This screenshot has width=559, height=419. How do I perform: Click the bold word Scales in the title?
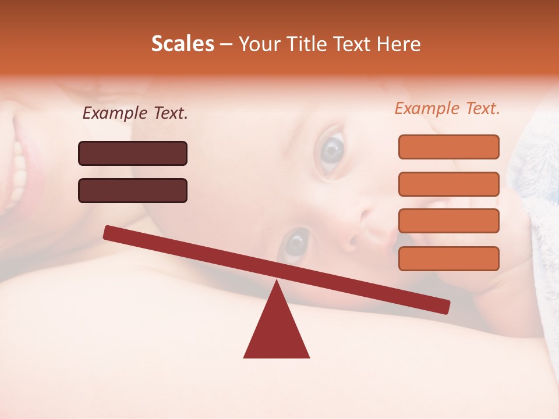click(x=182, y=44)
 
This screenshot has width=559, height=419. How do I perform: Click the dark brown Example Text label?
click(x=135, y=113)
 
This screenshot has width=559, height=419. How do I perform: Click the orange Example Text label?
click(x=447, y=108)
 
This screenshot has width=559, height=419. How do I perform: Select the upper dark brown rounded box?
click(x=133, y=153)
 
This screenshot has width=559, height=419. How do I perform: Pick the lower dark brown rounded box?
click(x=133, y=190)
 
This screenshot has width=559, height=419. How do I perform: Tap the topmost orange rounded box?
click(x=448, y=147)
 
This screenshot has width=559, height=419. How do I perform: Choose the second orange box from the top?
click(x=448, y=184)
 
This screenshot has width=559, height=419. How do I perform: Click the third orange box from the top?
click(x=448, y=221)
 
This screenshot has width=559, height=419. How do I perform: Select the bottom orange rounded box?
click(x=448, y=258)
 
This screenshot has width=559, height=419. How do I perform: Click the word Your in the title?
click(x=259, y=44)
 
